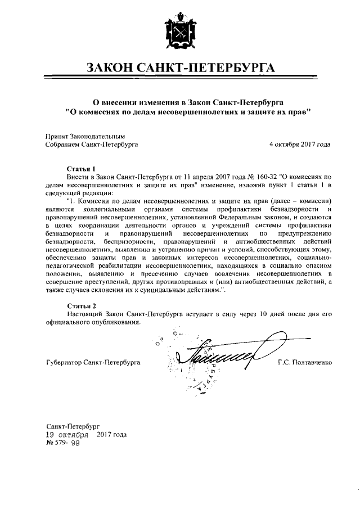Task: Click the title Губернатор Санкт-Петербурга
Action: point(93,363)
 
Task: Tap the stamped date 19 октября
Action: point(66,435)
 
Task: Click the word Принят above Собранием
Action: point(56,136)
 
